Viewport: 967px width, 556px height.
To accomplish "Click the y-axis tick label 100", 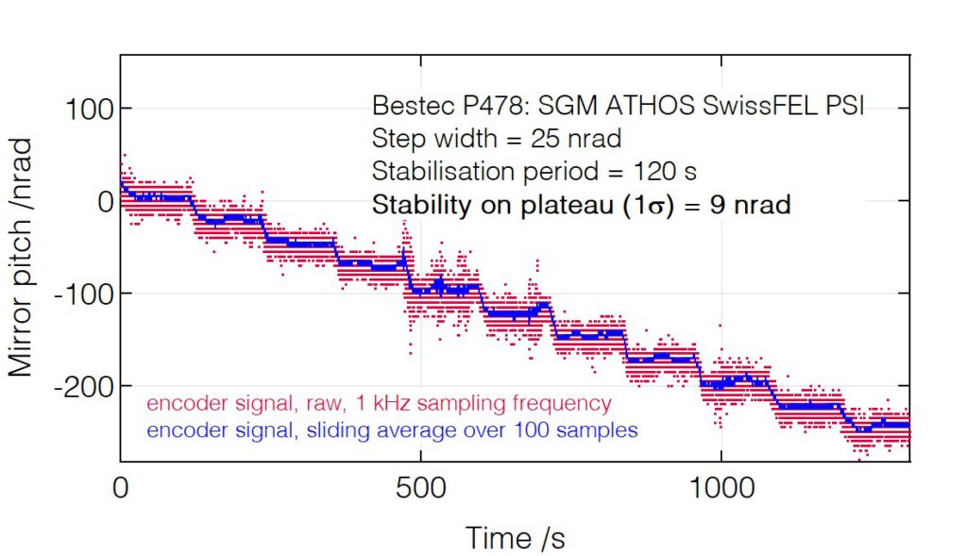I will (x=89, y=109).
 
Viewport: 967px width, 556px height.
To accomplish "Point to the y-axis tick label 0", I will (x=103, y=201).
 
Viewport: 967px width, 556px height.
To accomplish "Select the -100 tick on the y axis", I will (x=82, y=294).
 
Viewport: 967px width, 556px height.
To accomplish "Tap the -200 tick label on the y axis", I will (x=82, y=387).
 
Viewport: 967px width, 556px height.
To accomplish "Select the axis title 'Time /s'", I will (x=515, y=538).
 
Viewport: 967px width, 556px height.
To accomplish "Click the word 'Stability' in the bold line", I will (x=415, y=205).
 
